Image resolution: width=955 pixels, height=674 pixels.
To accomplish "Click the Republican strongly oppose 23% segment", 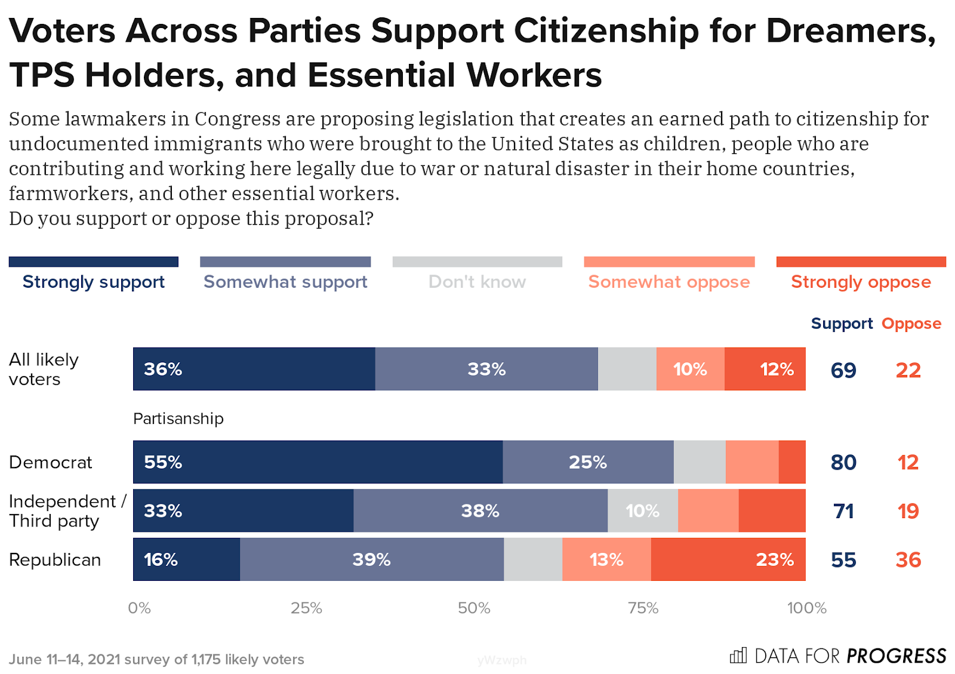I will [728, 559].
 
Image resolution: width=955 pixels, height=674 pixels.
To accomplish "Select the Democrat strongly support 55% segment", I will [318, 462].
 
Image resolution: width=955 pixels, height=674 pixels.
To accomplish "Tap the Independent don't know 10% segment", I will [643, 511].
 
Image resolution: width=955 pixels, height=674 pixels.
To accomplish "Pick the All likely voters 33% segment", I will [486, 369].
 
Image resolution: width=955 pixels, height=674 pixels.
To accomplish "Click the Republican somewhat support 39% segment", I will [372, 559].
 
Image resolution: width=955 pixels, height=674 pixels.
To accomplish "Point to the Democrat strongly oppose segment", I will [792, 462].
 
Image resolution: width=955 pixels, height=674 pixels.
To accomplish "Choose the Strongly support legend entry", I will [94, 281].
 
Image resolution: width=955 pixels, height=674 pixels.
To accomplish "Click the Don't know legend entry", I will [478, 281].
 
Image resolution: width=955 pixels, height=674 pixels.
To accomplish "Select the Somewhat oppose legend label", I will [669, 281].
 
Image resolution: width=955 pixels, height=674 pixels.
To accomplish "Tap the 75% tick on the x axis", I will [643, 608].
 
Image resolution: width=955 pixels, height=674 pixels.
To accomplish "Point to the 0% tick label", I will [139, 608].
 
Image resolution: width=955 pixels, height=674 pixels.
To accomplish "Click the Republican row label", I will [55, 560].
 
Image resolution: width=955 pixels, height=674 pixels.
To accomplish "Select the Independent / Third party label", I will [67, 511].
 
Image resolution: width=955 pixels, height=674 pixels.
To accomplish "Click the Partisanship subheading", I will [178, 418].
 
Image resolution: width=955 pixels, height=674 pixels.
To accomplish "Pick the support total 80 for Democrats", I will [843, 462].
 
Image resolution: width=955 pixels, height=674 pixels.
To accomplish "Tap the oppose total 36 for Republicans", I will [908, 560].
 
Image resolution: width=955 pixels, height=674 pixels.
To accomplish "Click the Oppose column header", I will [911, 324].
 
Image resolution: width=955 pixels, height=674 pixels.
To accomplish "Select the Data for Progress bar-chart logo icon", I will [738, 655].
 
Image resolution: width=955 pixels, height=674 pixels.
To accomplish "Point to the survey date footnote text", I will [156, 659].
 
